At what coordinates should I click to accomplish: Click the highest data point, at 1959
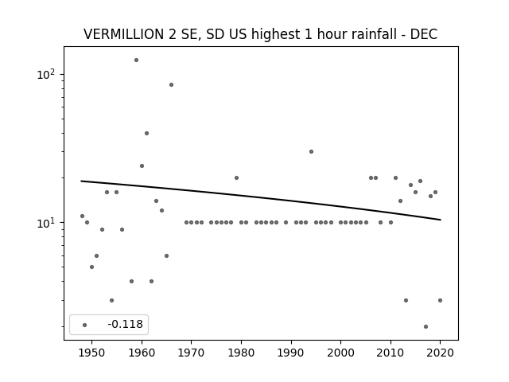pos(136,60)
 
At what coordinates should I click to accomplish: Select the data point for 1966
pos(172,85)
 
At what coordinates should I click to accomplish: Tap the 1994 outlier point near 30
pos(311,152)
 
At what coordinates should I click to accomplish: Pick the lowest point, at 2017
pos(426,327)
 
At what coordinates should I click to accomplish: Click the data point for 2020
pos(440,301)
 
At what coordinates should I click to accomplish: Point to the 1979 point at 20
pos(237,178)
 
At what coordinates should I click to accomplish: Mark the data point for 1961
pos(146,134)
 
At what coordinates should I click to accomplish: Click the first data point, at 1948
pos(82,216)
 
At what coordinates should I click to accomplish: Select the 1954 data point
pos(111,301)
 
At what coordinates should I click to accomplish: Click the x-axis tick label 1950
pos(92,353)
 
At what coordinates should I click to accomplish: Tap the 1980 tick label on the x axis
pos(241,353)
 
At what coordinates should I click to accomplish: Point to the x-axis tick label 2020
pos(440,353)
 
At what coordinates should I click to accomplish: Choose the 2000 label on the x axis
pos(341,353)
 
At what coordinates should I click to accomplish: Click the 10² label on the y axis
pos(46,74)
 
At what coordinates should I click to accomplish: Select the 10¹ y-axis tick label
pos(46,223)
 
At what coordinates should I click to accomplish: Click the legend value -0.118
pos(126,324)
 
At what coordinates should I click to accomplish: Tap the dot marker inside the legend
pos(85,325)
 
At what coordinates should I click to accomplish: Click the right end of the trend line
pos(441,220)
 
